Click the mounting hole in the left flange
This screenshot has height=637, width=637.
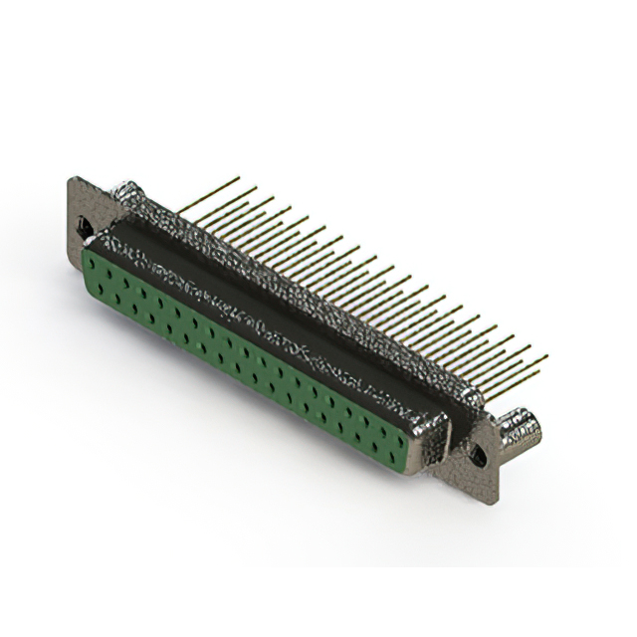click(x=86, y=228)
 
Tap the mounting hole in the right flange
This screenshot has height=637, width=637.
click(x=479, y=456)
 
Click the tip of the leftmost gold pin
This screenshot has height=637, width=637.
click(x=238, y=178)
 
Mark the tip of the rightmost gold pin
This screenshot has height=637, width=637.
click(x=545, y=356)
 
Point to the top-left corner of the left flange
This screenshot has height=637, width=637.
click(x=72, y=178)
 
